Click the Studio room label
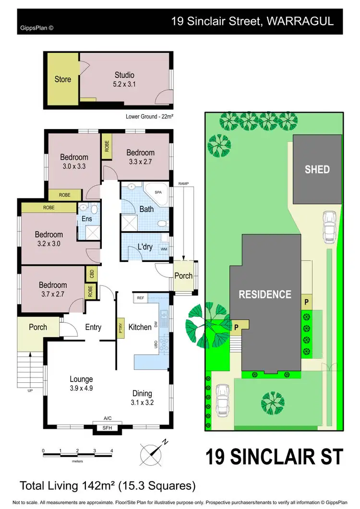[124, 75]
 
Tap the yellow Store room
[62, 79]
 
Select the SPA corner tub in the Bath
[157, 192]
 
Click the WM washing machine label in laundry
[164, 249]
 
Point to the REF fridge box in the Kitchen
[140, 298]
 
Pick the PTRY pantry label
[121, 327]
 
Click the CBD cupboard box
[91, 274]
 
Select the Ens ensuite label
[86, 219]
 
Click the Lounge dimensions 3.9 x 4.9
[81, 388]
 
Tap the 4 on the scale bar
[111, 450]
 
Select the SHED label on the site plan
[317, 169]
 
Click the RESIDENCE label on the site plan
[265, 295]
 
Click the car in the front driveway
[222, 400]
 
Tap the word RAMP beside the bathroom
[183, 184]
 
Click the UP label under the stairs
[30, 391]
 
